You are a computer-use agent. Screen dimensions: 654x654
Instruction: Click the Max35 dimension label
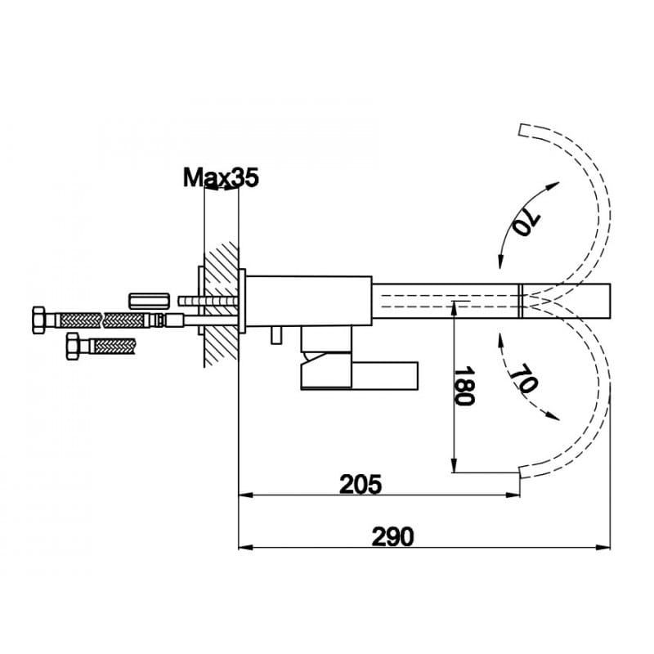point(221,178)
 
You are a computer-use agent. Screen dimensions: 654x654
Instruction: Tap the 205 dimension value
point(361,484)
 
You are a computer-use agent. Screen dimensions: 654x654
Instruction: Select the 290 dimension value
point(393,537)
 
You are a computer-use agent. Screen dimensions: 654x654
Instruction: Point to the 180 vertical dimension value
point(464,386)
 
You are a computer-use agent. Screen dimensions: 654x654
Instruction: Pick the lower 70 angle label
point(524,378)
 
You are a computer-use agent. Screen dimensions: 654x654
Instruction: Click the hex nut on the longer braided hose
point(38,320)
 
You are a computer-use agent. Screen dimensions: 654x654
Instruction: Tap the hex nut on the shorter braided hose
point(73,346)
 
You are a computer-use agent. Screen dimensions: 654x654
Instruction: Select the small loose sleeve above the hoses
point(149,301)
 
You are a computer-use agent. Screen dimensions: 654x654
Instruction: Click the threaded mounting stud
point(208,301)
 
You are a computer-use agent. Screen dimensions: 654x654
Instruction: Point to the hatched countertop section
point(221,304)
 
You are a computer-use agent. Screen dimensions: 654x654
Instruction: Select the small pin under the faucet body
point(276,335)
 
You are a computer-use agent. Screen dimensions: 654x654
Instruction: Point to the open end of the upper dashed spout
point(520,130)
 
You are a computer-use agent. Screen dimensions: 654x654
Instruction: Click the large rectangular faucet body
point(309,301)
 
